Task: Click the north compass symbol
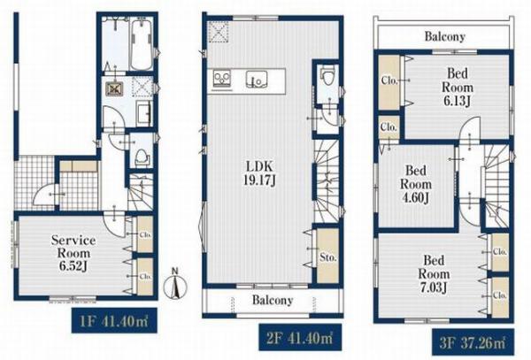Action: coord(175,284)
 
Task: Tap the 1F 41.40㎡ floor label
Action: coord(114,320)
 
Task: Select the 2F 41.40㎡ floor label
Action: coord(300,338)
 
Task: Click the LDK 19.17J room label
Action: coord(259,172)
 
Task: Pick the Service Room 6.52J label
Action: coord(73,253)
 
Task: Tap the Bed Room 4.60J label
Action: coord(416,184)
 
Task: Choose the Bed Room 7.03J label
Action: coord(434,274)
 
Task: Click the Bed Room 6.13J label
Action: coord(458,87)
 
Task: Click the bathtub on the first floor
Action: coord(142,45)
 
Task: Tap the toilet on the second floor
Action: coord(327,77)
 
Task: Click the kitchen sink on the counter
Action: coord(257,80)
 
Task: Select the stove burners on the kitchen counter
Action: coord(221,80)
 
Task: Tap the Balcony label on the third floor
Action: coord(444,36)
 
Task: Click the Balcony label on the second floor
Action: coord(273,300)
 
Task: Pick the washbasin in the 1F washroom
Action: coord(143,114)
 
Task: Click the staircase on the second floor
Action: coord(327,181)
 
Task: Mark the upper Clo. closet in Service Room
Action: coord(145,234)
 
